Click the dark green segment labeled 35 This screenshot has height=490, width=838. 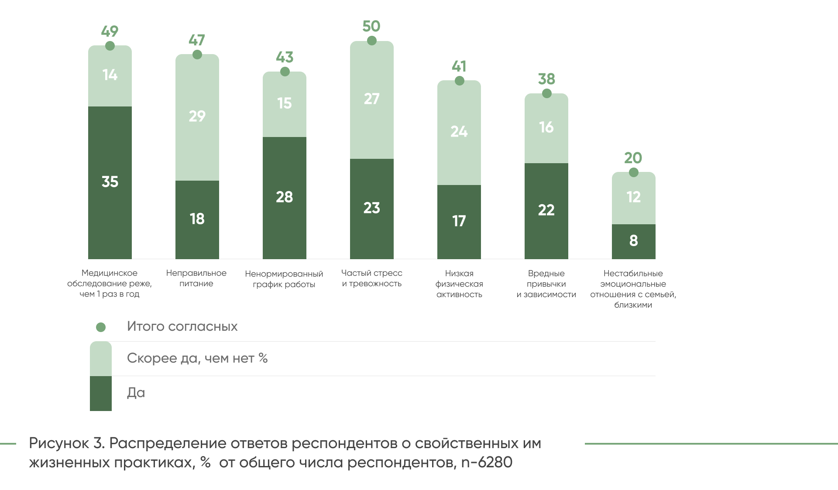(x=110, y=182)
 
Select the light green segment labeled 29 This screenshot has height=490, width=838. (x=197, y=117)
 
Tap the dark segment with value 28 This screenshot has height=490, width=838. (x=285, y=198)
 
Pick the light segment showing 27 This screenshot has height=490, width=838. (x=372, y=99)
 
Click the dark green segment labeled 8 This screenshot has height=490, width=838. (x=634, y=241)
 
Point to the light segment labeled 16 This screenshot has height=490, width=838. (x=546, y=128)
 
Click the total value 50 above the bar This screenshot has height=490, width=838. (x=371, y=26)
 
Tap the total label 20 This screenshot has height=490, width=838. (x=633, y=158)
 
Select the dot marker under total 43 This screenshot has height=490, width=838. (x=285, y=72)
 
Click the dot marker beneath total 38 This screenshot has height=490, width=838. (x=547, y=93)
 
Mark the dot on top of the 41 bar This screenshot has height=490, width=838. (x=460, y=81)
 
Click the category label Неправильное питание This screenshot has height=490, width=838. (x=196, y=278)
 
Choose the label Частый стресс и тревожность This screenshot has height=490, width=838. (x=372, y=278)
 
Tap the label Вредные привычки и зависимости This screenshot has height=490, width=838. (x=546, y=284)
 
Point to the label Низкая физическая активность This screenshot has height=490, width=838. (x=459, y=284)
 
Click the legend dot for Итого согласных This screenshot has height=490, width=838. (x=101, y=327)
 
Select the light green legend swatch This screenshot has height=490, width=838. (x=101, y=359)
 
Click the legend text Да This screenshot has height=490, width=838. (x=136, y=393)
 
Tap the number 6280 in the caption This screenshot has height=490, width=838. (x=495, y=463)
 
